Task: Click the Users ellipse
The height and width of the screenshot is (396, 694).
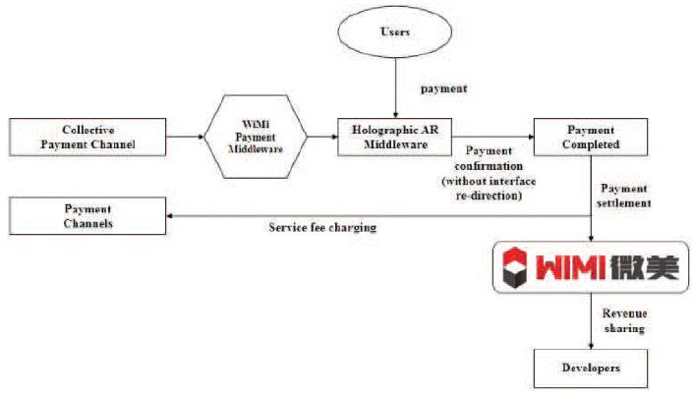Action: pyautogui.click(x=393, y=32)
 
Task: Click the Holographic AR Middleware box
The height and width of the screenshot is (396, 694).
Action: pyautogui.click(x=393, y=138)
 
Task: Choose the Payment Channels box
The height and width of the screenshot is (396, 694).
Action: pyautogui.click(x=89, y=216)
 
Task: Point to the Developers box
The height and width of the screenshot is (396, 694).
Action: pyautogui.click(x=591, y=368)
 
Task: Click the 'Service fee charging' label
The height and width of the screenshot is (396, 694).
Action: pyautogui.click(x=322, y=228)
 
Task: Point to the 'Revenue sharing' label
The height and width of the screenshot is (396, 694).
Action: pyautogui.click(x=624, y=321)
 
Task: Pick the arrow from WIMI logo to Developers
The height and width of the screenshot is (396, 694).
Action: pyautogui.click(x=591, y=320)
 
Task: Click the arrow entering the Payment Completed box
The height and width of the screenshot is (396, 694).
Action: pyautogui.click(x=492, y=138)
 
